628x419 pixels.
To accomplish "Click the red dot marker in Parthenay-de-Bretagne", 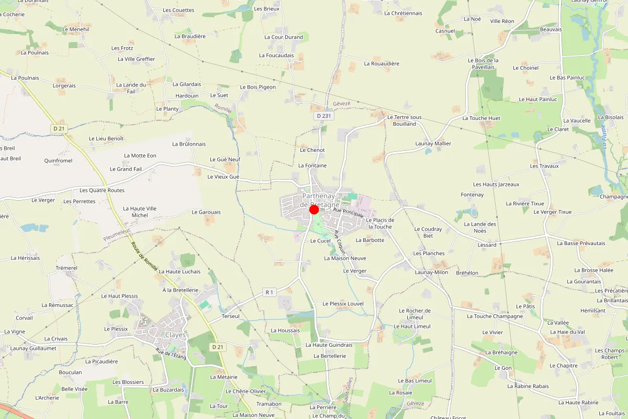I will (x=314, y=210).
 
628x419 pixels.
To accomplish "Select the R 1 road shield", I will (x=270, y=292).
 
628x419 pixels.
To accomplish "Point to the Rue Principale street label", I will (x=348, y=213).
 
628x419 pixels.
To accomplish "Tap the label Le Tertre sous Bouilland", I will (x=404, y=120).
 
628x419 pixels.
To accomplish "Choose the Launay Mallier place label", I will (x=433, y=144).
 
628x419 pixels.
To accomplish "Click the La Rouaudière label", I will (x=382, y=64).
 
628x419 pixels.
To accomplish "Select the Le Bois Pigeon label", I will (x=257, y=87).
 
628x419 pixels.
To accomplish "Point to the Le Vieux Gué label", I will (x=223, y=177).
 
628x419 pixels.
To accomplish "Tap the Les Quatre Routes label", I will (x=102, y=190).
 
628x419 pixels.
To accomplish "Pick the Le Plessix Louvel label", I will (x=343, y=304).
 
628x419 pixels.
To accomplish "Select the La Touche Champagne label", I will (x=495, y=316).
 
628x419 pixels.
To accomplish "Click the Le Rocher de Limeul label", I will (x=414, y=314).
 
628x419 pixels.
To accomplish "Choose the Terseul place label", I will (x=231, y=316).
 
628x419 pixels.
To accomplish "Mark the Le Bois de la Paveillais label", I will (x=483, y=64).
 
